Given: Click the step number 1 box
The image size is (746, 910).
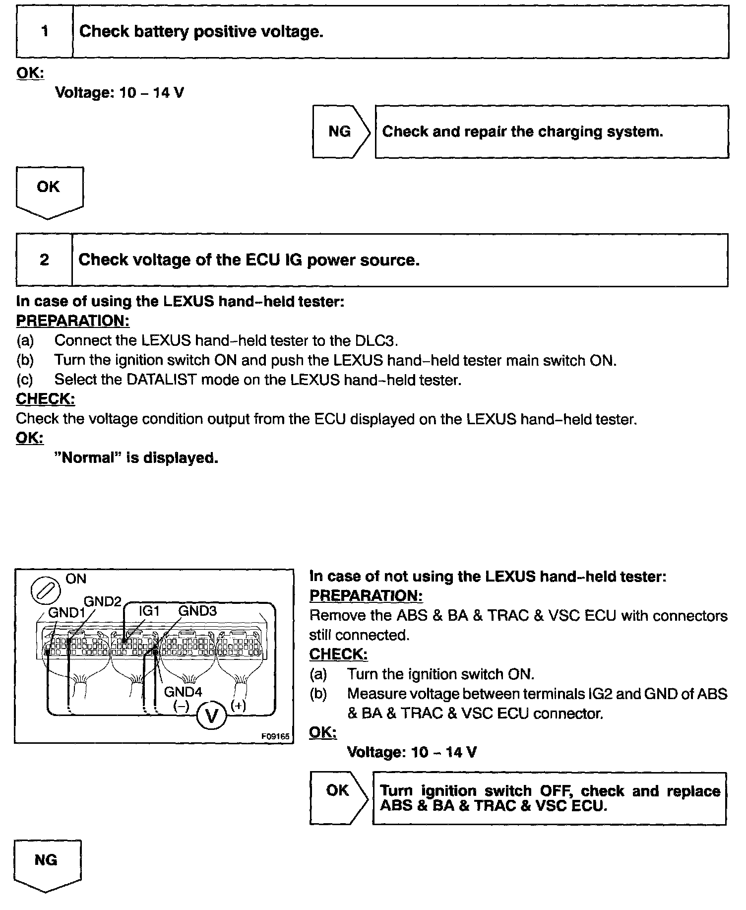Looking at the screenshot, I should (45, 32).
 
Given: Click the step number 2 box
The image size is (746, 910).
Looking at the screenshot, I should (44, 260).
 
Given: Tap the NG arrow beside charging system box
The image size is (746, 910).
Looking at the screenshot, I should (341, 131).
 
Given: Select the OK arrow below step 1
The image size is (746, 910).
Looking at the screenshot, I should (49, 191).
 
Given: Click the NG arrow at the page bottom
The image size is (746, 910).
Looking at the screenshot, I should (47, 864).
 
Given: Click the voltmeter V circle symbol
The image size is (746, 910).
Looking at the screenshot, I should (212, 716).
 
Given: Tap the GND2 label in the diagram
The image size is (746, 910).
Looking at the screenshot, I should (103, 601).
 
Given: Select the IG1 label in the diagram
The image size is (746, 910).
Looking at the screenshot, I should (149, 611).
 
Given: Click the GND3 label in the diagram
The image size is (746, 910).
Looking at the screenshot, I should (197, 611).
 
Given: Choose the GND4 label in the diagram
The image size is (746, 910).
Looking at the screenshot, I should (183, 691).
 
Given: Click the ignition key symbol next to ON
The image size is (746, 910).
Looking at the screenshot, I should (46, 591).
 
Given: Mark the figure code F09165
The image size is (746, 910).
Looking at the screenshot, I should (275, 736).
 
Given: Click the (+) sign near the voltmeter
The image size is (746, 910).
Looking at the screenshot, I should (239, 705).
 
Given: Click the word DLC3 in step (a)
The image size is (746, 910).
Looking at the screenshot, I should (376, 340).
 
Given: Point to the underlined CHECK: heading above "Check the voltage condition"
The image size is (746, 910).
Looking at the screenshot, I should (46, 399).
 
